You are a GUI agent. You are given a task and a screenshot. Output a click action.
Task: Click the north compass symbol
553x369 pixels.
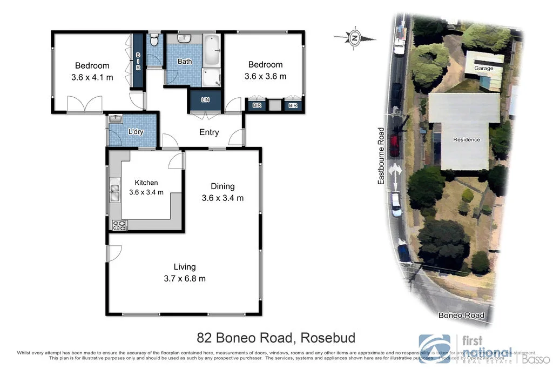[x=355, y=38]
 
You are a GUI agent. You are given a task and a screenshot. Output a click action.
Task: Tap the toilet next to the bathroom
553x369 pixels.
[x=154, y=41]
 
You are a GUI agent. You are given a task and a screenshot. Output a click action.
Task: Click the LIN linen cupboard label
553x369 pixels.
[x=205, y=100]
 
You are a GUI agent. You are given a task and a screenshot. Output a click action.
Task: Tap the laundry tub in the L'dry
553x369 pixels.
[x=116, y=119]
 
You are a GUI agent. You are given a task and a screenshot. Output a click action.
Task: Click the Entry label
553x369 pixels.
[x=209, y=132]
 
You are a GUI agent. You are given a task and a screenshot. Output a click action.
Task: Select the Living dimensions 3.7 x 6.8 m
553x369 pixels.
[x=185, y=279]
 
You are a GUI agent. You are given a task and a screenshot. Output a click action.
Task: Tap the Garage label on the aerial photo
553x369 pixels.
[x=484, y=69]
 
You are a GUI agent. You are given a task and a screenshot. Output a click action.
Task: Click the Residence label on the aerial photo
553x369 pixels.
[x=466, y=139]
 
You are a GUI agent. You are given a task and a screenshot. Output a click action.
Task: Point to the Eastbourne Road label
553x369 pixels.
[x=381, y=156]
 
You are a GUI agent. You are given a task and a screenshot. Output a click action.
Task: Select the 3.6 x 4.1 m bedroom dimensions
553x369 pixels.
[x=92, y=77]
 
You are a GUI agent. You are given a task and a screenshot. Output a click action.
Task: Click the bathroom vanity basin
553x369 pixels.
[x=184, y=38]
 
